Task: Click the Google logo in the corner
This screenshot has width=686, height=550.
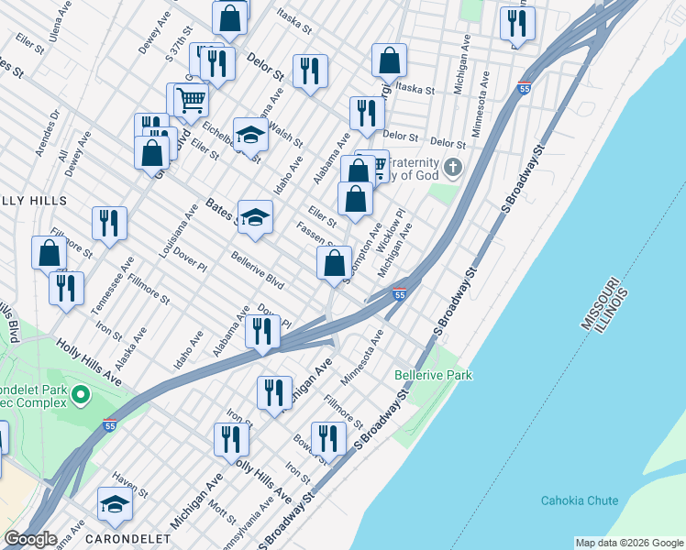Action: (x=29, y=539)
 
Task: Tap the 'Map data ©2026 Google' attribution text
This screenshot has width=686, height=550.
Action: (x=629, y=543)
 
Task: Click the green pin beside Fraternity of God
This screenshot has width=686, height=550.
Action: (x=453, y=168)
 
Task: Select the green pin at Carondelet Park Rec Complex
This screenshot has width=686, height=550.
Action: (x=80, y=396)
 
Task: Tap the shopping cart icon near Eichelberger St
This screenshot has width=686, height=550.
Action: (x=190, y=99)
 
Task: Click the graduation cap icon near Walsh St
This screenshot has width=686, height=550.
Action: (x=248, y=135)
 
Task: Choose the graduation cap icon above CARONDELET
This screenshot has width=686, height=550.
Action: (x=115, y=503)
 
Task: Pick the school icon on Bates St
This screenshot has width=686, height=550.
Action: (x=256, y=216)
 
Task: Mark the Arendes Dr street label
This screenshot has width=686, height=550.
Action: (x=44, y=133)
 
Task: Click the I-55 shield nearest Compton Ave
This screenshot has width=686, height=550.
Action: (x=399, y=294)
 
